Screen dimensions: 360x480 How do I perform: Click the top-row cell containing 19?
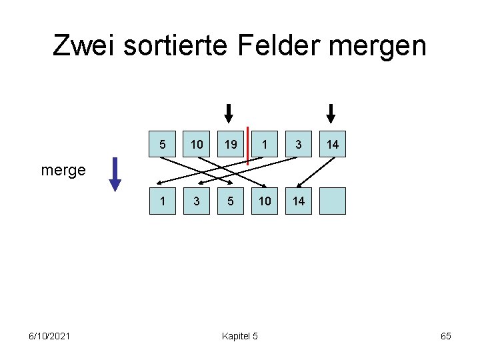(230, 145)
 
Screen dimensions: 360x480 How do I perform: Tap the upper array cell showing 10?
(197, 145)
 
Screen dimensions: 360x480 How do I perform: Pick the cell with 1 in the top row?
(265, 145)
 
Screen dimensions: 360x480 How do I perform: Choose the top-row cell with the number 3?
(299, 145)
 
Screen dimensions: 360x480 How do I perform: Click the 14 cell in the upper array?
(333, 145)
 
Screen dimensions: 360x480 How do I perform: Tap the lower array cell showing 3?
(197, 201)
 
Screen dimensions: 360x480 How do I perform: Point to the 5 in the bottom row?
(230, 201)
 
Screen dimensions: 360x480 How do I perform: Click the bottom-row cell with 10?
(265, 201)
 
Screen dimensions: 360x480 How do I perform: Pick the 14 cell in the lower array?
(299, 201)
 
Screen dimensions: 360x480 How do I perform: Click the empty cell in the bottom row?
(333, 201)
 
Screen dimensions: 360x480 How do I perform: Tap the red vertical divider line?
(247, 145)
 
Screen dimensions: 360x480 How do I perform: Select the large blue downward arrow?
(115, 173)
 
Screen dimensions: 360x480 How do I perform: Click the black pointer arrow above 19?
(229, 114)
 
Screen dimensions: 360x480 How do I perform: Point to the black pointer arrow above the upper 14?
(331, 114)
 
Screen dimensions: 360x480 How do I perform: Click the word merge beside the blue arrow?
(63, 170)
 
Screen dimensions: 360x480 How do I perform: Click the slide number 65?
(446, 336)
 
